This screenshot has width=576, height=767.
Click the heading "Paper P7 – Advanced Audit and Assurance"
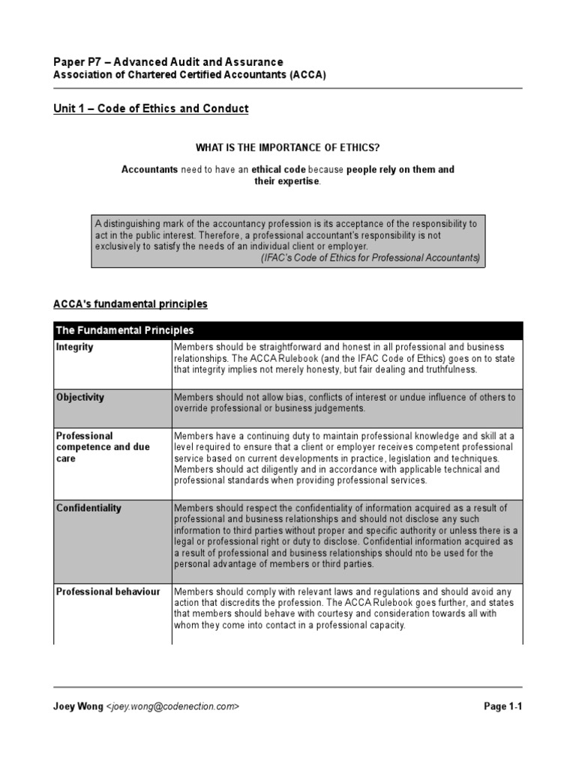(168, 62)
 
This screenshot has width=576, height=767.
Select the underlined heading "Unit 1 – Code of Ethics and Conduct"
(151, 109)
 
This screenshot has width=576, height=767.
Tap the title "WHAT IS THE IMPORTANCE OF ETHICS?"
(288, 147)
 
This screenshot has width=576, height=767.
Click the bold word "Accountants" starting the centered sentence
(150, 170)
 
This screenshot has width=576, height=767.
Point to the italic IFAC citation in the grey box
(370, 258)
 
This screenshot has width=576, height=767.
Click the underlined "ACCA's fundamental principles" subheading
(130, 304)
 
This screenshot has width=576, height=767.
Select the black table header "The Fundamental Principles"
(124, 330)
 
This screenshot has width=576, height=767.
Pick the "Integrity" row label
(75, 348)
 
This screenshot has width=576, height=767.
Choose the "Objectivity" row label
(80, 398)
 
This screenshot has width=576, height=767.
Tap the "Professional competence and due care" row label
(103, 447)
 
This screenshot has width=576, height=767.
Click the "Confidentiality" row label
(88, 508)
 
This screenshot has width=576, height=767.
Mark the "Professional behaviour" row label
(108, 592)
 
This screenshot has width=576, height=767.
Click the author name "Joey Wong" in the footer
(78, 706)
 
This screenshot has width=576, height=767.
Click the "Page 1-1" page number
(502, 706)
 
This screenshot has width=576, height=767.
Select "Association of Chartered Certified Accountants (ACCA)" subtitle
(190, 76)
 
